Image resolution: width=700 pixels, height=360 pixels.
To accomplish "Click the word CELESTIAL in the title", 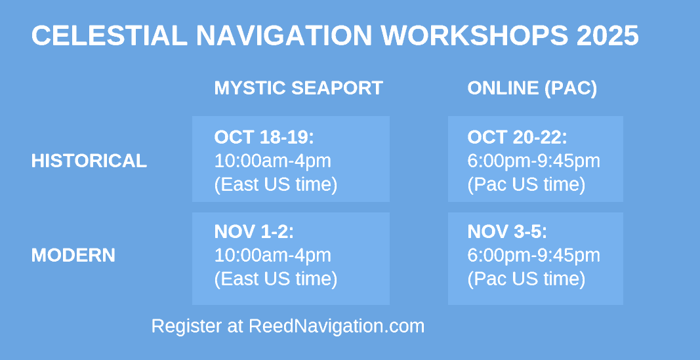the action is click(110, 35).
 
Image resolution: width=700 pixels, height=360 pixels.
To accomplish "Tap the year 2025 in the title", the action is click(607, 35).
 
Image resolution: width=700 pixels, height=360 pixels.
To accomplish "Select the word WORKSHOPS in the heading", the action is click(474, 35).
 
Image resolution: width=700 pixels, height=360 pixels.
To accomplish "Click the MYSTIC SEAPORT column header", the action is click(299, 88).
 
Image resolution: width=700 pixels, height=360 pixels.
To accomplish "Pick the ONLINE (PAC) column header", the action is click(532, 89).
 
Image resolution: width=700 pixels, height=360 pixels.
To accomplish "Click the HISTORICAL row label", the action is click(89, 161).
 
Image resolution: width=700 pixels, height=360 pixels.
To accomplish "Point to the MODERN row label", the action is click(73, 255).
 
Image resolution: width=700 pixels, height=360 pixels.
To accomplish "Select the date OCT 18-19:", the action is click(264, 137).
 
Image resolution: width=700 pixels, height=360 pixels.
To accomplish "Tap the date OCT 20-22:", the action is click(518, 137).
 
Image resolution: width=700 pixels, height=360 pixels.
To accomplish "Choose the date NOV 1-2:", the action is click(254, 231).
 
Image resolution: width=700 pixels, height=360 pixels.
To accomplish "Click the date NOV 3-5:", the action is click(507, 231).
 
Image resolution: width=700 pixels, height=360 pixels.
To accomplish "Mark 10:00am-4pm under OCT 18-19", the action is click(273, 161).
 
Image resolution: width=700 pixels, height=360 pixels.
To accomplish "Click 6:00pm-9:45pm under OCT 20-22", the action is click(534, 161).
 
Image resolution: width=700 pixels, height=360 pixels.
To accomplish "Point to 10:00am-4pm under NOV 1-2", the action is click(273, 256).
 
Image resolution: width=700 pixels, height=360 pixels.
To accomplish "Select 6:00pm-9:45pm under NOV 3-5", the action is click(534, 256).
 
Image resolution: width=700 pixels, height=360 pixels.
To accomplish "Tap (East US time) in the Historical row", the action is click(276, 185).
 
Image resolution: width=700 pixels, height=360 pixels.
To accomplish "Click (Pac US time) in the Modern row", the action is click(526, 279).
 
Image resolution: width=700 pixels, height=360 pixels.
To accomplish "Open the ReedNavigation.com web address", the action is click(337, 326).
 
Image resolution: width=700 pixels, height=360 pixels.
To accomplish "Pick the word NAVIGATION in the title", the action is click(284, 35).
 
